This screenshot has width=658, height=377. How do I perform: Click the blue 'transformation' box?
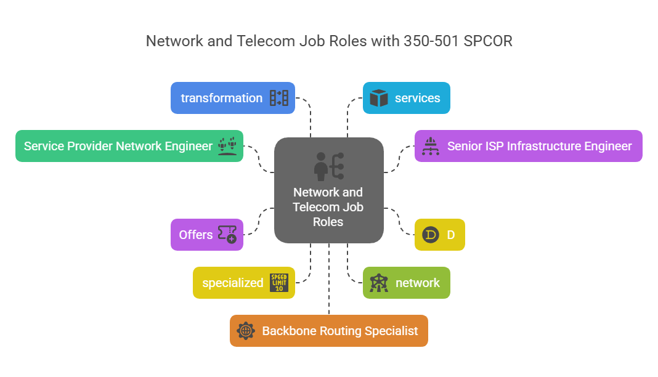(233, 98)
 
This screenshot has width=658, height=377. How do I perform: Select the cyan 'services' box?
(406, 98)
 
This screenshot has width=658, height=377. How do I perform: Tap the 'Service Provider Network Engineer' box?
(129, 146)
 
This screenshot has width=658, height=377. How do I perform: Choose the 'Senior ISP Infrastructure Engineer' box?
(528, 146)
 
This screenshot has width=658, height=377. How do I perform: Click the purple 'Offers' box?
(207, 235)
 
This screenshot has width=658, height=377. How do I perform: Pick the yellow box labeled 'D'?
(439, 235)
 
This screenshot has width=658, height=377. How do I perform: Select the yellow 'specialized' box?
(244, 283)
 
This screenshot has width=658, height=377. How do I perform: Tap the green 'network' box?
(406, 283)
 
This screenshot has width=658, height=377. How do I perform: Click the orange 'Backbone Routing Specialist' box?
(328, 331)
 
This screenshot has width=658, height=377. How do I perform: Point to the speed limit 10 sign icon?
(279, 283)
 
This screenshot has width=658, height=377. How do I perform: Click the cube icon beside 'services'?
(379, 98)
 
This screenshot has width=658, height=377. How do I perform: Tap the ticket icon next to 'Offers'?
(227, 235)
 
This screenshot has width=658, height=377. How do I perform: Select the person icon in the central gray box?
(321, 166)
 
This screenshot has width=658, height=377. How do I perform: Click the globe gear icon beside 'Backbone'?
(246, 331)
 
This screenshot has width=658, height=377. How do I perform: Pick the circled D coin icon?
(431, 235)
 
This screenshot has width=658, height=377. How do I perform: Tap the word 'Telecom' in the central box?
(316, 207)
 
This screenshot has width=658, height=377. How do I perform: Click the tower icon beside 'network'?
(378, 283)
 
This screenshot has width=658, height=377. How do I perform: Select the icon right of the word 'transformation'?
(279, 98)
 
